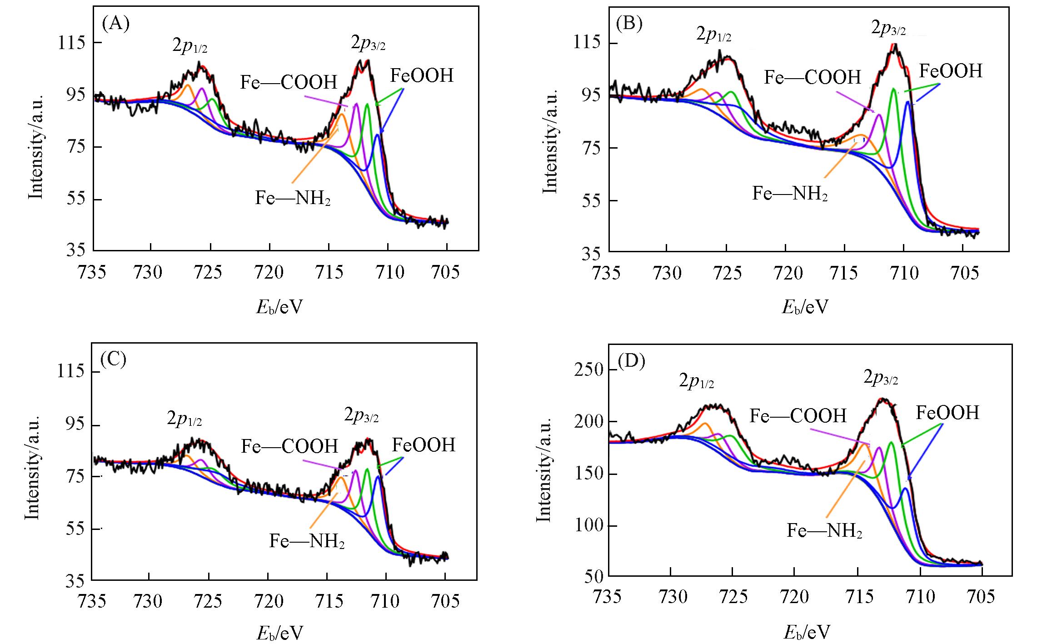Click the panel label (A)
coord(116,23)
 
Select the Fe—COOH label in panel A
coord(289,82)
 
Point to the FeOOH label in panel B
coord(951,71)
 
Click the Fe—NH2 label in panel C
coord(307,541)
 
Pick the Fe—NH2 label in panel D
coord(824,530)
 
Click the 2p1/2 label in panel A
coord(189,46)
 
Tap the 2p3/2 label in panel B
coord(888,29)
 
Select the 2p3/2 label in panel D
coord(880,379)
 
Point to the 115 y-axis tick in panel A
coord(72,43)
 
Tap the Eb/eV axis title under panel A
coord(279,308)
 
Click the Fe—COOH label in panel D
coord(798,415)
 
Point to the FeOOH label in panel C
coord(424,445)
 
